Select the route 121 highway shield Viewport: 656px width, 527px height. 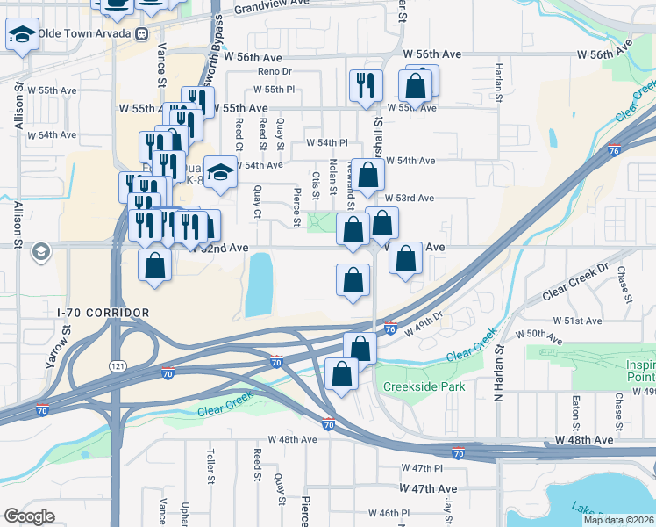117,365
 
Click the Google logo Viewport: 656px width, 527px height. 30,516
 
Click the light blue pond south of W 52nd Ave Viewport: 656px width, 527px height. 259,284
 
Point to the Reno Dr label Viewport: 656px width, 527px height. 274,72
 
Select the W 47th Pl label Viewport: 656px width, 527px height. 417,469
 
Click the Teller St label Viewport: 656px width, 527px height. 210,466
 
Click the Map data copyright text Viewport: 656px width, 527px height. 619,520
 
